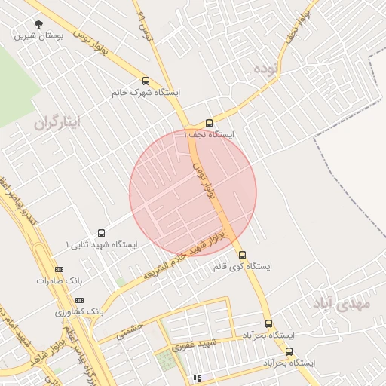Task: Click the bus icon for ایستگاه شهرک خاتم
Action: [x=146, y=81]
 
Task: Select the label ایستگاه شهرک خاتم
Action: [x=146, y=92]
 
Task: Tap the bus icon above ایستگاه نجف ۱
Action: [x=209, y=123]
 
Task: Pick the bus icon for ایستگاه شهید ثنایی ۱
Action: [x=102, y=233]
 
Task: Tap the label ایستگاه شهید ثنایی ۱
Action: [x=101, y=244]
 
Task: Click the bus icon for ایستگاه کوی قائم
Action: [x=242, y=255]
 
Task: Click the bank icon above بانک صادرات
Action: [x=60, y=269]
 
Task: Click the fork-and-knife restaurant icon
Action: [x=197, y=378]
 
